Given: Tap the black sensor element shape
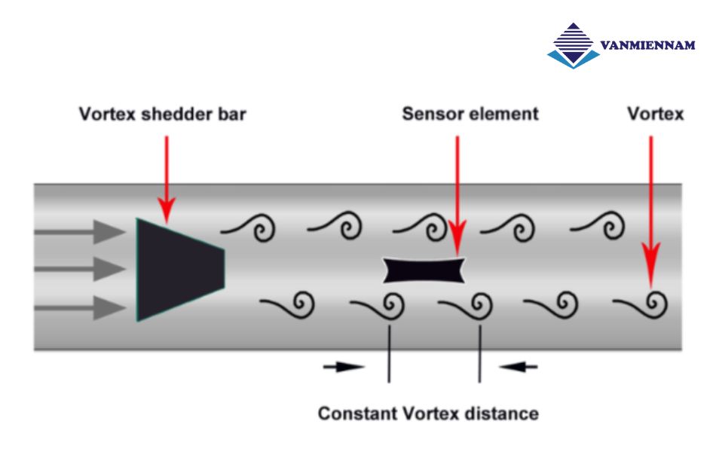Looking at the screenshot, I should pos(424,270).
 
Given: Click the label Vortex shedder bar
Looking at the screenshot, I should pos(163,115).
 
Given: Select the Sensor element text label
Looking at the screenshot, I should pos(470,115).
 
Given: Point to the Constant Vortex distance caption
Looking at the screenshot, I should pos(428,414).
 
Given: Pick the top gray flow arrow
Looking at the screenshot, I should pos(78,231).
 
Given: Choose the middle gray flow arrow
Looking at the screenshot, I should pos(78,269).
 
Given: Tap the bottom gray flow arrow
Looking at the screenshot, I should pos(78,307).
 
